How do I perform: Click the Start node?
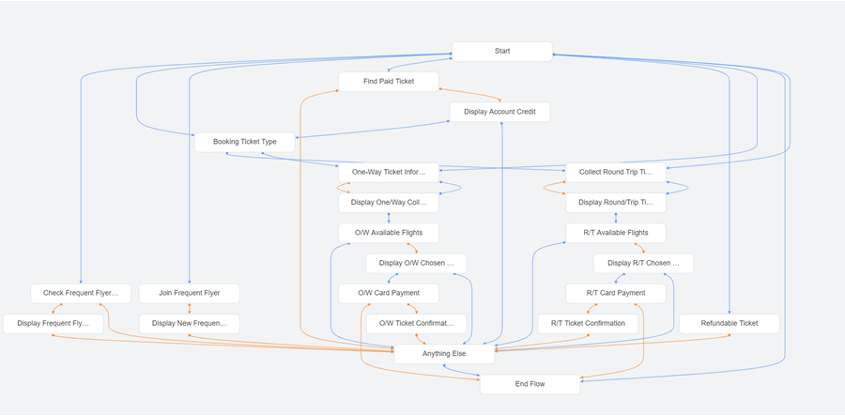pyautogui.click(x=501, y=51)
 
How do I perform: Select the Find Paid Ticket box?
pyautogui.click(x=388, y=82)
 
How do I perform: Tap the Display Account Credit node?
pyautogui.click(x=499, y=112)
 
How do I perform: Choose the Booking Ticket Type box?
pyautogui.click(x=244, y=142)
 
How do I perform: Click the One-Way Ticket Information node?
pyautogui.click(x=388, y=172)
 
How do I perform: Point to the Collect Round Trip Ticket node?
pyautogui.click(x=615, y=172)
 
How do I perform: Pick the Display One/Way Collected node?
pyautogui.click(x=388, y=202)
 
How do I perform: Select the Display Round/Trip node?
pyautogui.click(x=615, y=202)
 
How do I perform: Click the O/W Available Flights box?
pyautogui.click(x=388, y=232)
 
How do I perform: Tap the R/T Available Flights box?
pyautogui.click(x=615, y=232)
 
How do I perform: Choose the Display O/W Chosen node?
pyautogui.click(x=416, y=263)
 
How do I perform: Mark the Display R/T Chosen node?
pyautogui.click(x=643, y=263)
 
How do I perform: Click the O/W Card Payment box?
pyautogui.click(x=388, y=293)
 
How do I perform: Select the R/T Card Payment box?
pyautogui.click(x=615, y=293)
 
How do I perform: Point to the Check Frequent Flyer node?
pyautogui.click(x=81, y=293)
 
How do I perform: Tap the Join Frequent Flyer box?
pyautogui.click(x=189, y=293)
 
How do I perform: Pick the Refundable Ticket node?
pyautogui.click(x=729, y=323)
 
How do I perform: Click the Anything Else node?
pyautogui.click(x=443, y=354)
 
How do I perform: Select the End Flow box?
pyautogui.click(x=530, y=383)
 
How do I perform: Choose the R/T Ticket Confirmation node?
pyautogui.click(x=588, y=323)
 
